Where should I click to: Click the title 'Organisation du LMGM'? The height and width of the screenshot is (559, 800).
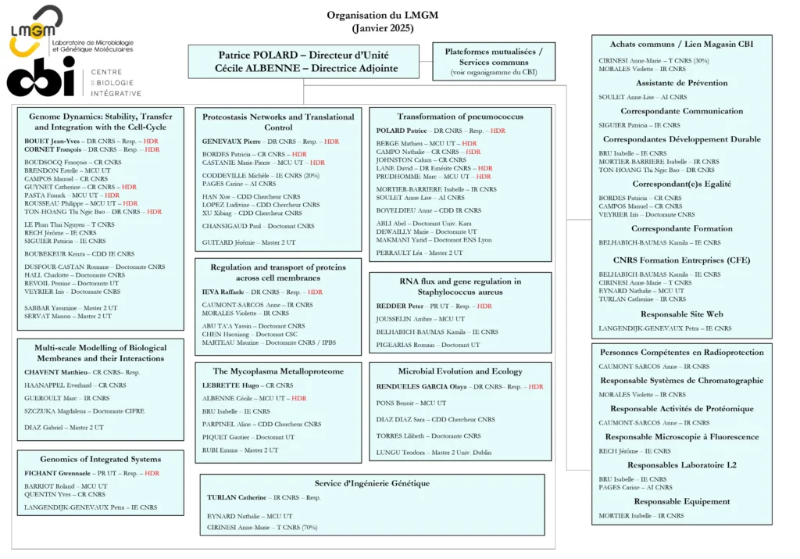pos(382,15)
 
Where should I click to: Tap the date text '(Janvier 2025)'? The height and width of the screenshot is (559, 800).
pos(382,28)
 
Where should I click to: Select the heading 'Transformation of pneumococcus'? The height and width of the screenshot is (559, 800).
pos(459,116)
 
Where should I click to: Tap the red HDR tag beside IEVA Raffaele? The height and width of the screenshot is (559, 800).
pos(315,292)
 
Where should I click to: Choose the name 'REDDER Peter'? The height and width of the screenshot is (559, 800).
pos(400,306)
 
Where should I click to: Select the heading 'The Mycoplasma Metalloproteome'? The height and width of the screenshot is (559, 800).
pos(278,371)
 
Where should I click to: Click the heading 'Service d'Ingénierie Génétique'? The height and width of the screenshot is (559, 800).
pos(372,483)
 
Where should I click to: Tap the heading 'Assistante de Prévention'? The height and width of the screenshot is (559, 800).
pos(681,83)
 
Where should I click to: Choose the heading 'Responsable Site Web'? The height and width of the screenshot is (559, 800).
pos(681,314)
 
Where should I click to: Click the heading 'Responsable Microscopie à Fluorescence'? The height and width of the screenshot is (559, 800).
pos(681,437)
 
